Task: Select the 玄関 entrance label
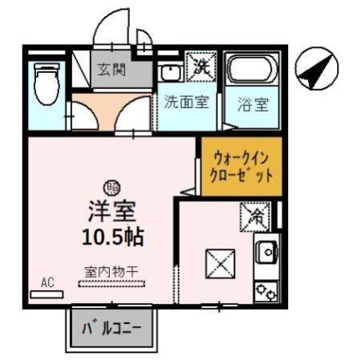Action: point(112,69)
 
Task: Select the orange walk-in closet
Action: point(241,166)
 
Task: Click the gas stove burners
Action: point(266,289)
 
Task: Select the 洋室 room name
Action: point(112,211)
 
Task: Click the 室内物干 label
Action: point(112,270)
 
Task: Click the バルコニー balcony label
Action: point(112,328)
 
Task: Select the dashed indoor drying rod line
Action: point(112,283)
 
